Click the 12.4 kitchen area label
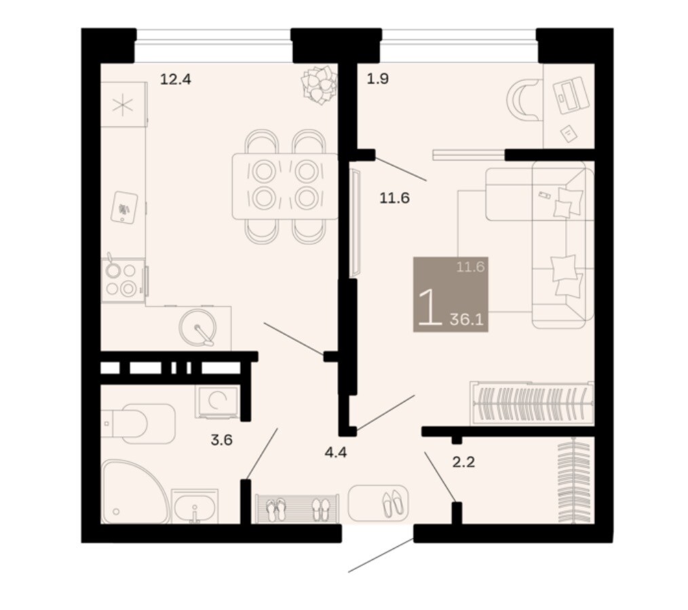tap(176, 80)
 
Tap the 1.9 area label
tap(378, 79)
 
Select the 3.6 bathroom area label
tap(222, 440)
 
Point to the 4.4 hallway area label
tap(336, 452)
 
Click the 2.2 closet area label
tap(464, 462)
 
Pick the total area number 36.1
tap(466, 320)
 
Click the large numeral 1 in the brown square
tap(430, 307)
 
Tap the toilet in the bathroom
tap(138, 424)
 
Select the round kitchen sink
tap(198, 328)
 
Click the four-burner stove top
tap(123, 280)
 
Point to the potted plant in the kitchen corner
tap(319, 84)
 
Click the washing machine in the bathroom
tap(218, 402)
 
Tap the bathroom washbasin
tap(195, 507)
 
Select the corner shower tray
tap(134, 492)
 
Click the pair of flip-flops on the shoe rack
tap(276, 509)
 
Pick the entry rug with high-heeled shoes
tap(378, 503)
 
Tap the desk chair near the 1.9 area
tap(524, 99)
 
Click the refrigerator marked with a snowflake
tap(123, 104)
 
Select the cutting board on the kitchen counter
tap(124, 208)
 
